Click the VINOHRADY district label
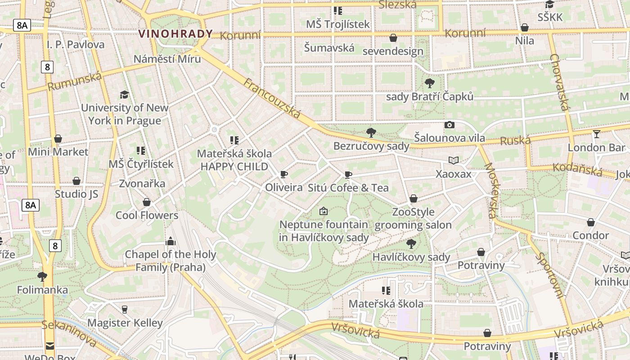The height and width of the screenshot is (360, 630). coord(175,34)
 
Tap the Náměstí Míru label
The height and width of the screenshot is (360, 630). coord(167,58)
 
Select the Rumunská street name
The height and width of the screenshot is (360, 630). coord(75,81)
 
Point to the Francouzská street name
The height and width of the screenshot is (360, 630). coord(272,98)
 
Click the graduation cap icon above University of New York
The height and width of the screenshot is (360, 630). coord(124,94)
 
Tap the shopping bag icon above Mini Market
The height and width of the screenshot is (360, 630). coord(58,139)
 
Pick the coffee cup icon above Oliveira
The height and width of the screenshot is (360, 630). coord(283,174)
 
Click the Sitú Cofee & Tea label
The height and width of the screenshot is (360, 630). coord(348,188)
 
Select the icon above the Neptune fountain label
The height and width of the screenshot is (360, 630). coord(323,211)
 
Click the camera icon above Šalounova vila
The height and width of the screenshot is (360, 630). coord(449,125)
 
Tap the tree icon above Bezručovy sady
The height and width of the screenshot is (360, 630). coord(371,132)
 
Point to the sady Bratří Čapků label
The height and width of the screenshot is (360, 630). coord(430,96)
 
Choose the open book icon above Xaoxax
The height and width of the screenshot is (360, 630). coord(454,160)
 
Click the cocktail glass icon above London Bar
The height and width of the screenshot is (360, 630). coord(597,134)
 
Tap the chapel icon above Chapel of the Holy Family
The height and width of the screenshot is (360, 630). coord(170,241)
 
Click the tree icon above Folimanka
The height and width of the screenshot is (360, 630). coord(42,276)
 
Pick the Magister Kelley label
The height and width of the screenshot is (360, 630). coord(125,323)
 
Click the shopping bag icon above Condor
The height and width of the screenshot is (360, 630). coord(590,222)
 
